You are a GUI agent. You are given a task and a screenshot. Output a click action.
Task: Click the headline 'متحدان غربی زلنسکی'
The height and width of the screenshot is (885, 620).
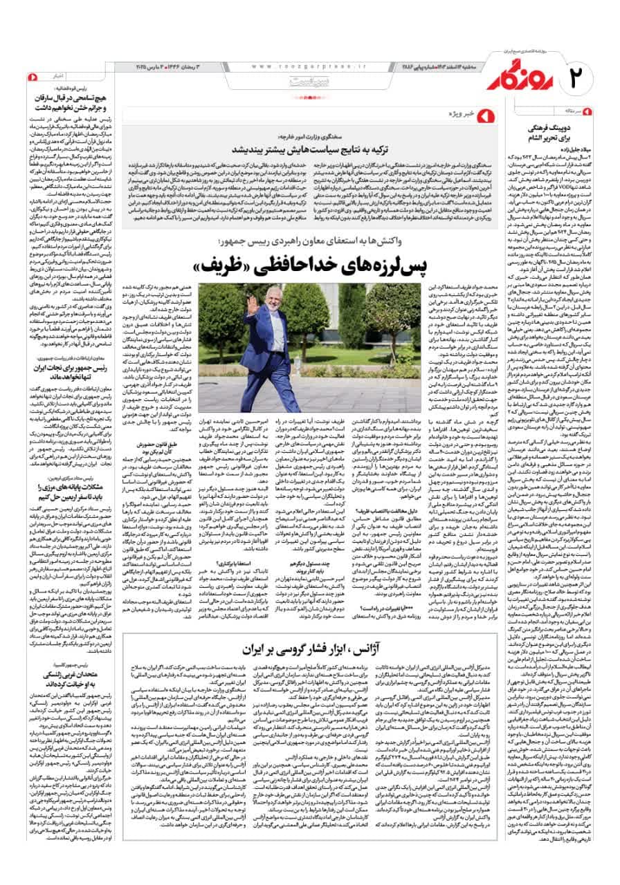74,684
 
